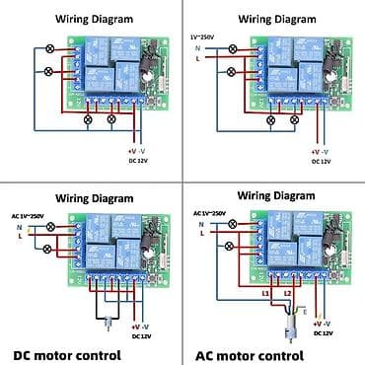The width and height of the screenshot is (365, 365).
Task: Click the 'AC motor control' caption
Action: click(x=255, y=354)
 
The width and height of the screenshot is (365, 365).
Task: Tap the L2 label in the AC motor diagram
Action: click(x=288, y=294)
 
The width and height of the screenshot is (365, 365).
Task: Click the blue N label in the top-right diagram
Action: click(x=197, y=47)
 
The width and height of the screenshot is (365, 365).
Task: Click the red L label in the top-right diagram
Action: click(x=197, y=58)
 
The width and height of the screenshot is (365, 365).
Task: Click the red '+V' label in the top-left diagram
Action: click(x=130, y=150)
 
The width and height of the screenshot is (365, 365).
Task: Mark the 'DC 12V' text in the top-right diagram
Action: click(x=320, y=160)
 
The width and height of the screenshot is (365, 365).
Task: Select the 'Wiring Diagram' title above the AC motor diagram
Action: click(x=273, y=196)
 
